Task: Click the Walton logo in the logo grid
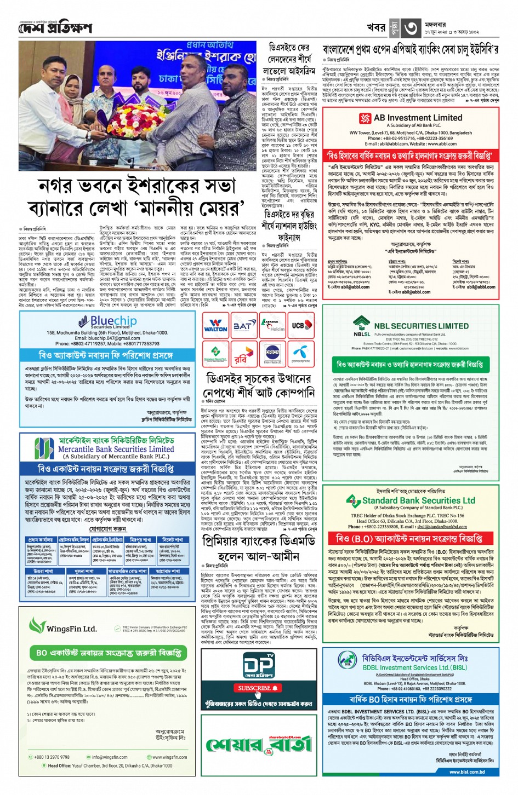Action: pyautogui.click(x=215, y=326)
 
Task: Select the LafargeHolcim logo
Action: pyautogui.click(x=272, y=326)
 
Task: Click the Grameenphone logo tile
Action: pyautogui.click(x=300, y=355)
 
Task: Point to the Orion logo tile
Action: pyautogui.click(x=272, y=355)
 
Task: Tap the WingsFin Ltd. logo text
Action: pyautogui.click(x=71, y=629)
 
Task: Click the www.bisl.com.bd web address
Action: pyautogui.click(x=466, y=772)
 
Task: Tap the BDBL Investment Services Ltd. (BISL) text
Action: pyautogui.click(x=415, y=667)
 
